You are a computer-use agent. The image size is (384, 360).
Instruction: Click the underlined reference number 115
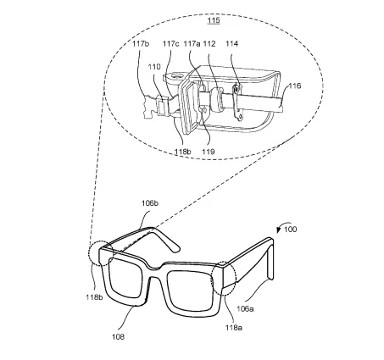click(214, 20)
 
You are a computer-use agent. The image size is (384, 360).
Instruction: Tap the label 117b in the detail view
click(141, 44)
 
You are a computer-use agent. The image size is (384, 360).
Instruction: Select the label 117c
click(171, 44)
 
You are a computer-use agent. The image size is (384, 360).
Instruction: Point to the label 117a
click(192, 44)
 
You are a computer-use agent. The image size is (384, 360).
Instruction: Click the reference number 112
click(209, 44)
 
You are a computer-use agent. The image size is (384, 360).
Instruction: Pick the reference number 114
click(232, 44)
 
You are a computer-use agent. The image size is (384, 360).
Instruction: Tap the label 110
click(154, 67)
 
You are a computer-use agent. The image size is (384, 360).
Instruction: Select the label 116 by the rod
click(295, 86)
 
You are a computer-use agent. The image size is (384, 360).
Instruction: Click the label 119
click(209, 152)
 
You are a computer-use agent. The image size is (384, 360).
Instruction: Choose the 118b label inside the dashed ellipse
click(182, 152)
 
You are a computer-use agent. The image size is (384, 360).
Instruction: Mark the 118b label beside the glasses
click(94, 297)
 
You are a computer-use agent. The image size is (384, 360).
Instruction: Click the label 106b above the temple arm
click(150, 203)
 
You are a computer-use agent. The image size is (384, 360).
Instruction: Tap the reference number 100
click(291, 230)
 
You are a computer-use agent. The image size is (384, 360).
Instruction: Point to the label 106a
click(245, 308)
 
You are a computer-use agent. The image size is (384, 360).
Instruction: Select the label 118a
click(234, 327)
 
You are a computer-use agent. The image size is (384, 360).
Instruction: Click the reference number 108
click(118, 336)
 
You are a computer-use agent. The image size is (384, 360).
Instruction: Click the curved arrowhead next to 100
click(279, 230)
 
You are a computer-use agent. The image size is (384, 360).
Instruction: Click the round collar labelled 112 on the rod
click(218, 99)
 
